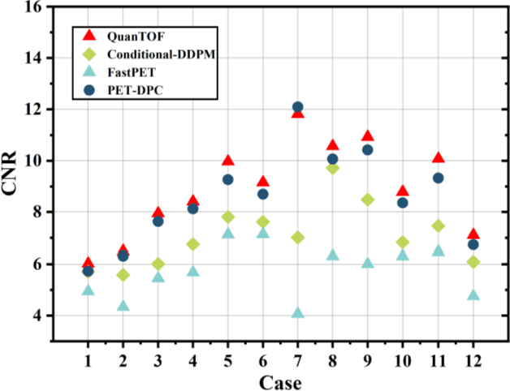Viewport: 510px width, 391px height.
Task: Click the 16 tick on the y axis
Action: (x=33, y=6)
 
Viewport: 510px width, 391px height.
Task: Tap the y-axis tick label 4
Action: (x=37, y=316)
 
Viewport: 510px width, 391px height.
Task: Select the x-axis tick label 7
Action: (x=297, y=359)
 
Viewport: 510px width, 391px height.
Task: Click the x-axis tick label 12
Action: (x=473, y=359)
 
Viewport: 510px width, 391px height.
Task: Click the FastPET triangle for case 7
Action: (x=298, y=312)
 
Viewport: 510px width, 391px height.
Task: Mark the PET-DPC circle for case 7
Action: (x=298, y=107)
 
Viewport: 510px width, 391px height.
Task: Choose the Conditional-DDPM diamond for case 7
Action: (x=298, y=238)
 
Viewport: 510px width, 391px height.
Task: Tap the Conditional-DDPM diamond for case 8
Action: (x=333, y=168)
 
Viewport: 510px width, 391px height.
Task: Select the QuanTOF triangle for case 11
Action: (x=438, y=157)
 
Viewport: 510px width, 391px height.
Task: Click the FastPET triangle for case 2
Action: (x=123, y=306)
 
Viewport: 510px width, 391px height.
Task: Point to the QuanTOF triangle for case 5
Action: (x=228, y=161)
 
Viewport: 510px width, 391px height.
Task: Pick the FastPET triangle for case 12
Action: (x=473, y=295)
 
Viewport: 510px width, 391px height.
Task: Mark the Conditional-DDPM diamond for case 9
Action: (x=368, y=200)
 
